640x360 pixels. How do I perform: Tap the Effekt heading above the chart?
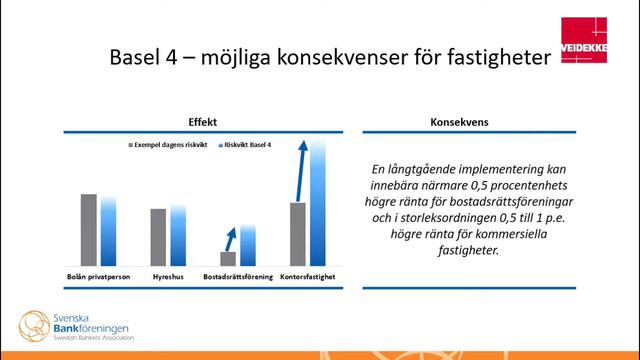[203, 121]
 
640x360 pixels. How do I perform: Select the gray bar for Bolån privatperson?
[89, 229]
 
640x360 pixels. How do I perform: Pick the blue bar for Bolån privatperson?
[108, 231]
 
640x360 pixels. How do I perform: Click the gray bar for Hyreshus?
[159, 236]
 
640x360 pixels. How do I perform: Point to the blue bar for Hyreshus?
[178, 235]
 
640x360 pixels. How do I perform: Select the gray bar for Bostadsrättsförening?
[228, 257]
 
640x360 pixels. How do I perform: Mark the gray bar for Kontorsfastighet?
[298, 233]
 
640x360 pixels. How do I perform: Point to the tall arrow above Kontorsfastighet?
[302, 170]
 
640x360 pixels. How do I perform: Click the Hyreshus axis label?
[167, 275]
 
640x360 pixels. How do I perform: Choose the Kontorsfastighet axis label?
[307, 275]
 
